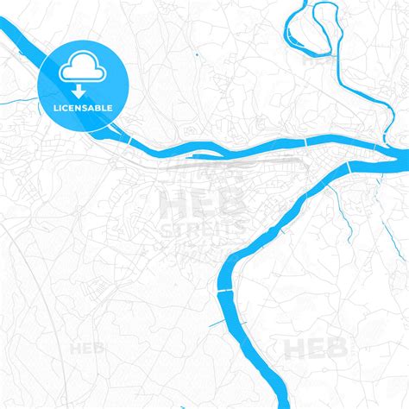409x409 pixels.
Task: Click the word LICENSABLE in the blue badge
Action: point(84,107)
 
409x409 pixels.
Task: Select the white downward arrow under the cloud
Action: point(79,88)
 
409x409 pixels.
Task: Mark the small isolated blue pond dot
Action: point(198,56)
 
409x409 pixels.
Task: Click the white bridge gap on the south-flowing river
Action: point(226,292)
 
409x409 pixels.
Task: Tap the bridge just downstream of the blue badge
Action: point(129,140)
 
